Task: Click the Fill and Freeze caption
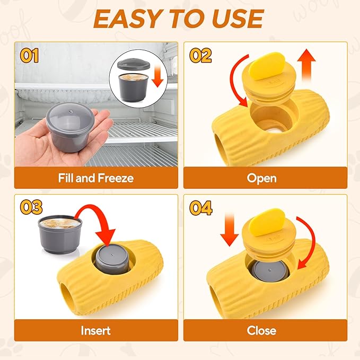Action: click(x=95, y=178)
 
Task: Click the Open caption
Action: click(x=261, y=178)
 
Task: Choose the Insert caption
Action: click(x=95, y=330)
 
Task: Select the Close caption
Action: click(x=261, y=330)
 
